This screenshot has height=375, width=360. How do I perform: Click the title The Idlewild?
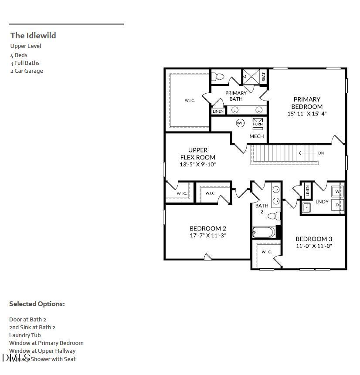coord(33,36)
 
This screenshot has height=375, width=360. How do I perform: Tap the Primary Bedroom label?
coord(307,103)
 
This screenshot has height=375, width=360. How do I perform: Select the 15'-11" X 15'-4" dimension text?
coord(307,114)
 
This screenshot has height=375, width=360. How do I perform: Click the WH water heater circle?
coord(240,123)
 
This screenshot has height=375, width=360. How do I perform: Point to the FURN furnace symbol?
coord(258,123)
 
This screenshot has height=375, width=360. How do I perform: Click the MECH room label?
coord(257,136)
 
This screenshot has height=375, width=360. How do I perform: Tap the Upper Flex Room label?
coord(198,154)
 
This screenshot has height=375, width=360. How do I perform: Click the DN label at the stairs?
coord(321,153)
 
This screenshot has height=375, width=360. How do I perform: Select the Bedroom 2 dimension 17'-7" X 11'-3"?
coord(208,236)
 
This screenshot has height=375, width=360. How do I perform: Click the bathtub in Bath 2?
coord(264,232)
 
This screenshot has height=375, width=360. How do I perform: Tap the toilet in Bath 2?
coord(273,216)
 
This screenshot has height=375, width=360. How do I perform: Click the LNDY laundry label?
coord(322,202)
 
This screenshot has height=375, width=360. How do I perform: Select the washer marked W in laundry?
coord(338,191)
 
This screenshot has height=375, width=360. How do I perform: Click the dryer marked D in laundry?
coord(338,205)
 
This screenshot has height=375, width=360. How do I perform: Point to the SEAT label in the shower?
coord(264,76)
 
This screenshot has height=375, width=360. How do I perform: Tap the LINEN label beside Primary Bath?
coord(218,111)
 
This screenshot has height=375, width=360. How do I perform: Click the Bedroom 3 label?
coord(314,239)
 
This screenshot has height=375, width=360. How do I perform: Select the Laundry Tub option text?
coord(25,335)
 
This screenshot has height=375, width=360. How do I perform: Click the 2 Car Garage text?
coord(27,71)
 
